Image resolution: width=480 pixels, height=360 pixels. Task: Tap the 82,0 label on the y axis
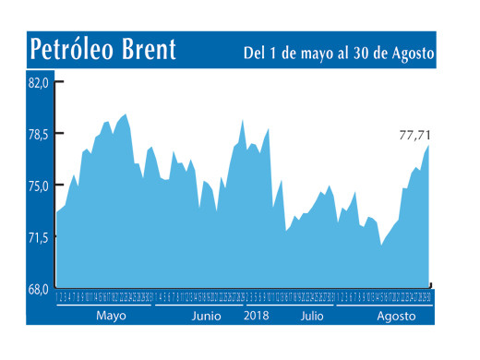37,82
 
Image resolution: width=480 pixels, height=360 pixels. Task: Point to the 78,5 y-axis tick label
37,134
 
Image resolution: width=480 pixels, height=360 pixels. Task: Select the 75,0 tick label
37,186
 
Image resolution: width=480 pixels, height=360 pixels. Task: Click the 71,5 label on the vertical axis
37,237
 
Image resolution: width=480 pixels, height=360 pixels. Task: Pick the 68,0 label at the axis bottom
37,289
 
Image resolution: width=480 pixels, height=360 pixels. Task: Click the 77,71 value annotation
414,135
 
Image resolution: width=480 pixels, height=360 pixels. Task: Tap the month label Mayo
111,315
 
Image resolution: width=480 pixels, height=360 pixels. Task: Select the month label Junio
206,315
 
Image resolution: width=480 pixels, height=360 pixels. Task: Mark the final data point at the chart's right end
429,145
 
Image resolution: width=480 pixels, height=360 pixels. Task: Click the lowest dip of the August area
381,245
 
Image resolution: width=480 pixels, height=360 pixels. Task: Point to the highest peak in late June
242,119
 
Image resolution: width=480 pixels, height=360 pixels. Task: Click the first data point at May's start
57,212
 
